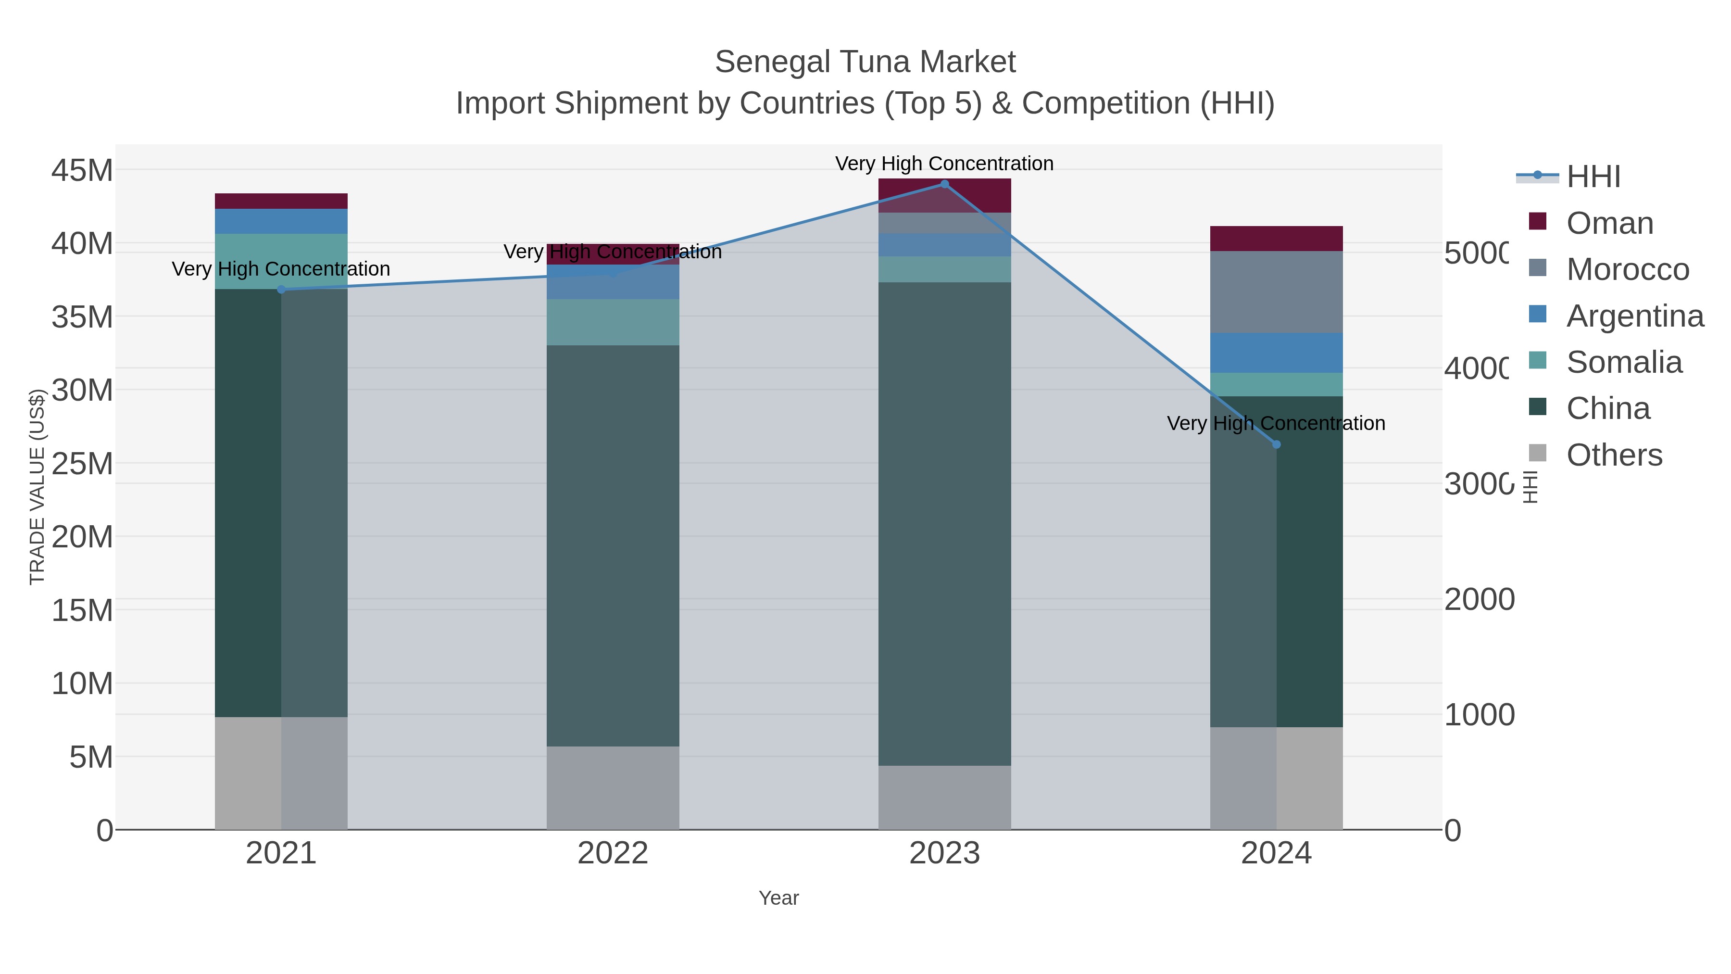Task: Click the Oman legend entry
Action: (x=1609, y=223)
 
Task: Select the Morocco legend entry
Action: (x=1627, y=269)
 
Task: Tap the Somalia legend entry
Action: (x=1623, y=362)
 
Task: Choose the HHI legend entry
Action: (x=1593, y=177)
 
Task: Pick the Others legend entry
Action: (x=1613, y=455)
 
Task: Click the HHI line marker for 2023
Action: (x=944, y=184)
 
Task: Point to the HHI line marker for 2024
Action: (x=1276, y=444)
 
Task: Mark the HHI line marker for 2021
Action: (x=281, y=290)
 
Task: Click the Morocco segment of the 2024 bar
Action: (x=1276, y=292)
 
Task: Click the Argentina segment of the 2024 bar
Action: (x=1276, y=353)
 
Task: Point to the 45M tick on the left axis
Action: (x=82, y=171)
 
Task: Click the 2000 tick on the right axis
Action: (x=1479, y=600)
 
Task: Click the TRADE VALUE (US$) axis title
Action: (x=37, y=487)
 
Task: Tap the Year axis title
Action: (x=778, y=898)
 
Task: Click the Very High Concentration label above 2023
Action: (x=944, y=164)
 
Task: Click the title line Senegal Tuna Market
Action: (x=865, y=62)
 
